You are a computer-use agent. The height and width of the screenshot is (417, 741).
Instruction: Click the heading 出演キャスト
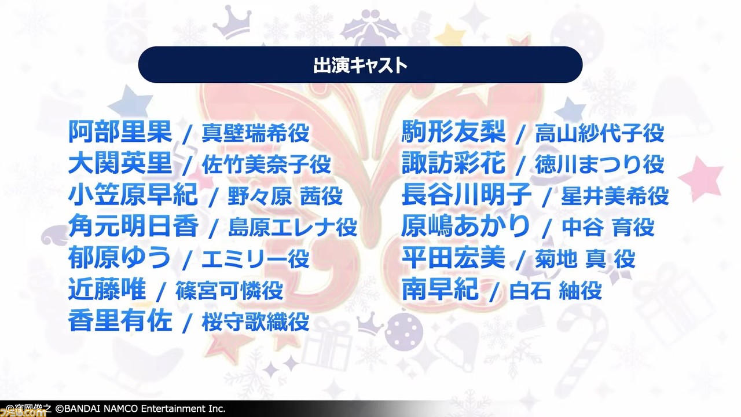(360, 65)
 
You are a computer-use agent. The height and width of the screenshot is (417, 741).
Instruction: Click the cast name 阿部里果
(120, 132)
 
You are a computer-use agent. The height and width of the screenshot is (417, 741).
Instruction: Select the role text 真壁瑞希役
(255, 133)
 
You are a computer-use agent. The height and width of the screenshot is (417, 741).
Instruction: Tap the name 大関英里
(120, 163)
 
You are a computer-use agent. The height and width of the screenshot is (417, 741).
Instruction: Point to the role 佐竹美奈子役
(266, 164)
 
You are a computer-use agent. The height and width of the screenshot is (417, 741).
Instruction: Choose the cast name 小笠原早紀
(133, 195)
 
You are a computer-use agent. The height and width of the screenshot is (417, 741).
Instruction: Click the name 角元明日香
(133, 226)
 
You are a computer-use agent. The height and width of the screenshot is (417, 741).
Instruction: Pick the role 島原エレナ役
(293, 228)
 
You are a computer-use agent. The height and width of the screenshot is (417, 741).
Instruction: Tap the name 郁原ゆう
(119, 258)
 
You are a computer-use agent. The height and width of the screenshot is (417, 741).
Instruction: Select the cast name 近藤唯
(107, 290)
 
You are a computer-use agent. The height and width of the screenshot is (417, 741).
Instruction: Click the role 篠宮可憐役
(229, 291)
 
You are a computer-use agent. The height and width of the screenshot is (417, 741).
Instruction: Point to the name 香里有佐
(120, 321)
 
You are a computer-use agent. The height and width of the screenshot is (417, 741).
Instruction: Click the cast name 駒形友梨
(453, 131)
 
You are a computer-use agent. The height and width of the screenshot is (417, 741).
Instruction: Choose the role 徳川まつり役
(600, 164)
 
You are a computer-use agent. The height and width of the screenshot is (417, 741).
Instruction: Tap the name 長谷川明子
(467, 195)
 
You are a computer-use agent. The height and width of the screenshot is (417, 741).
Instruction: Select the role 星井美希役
(615, 196)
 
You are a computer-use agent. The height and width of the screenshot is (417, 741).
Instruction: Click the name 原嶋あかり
(466, 226)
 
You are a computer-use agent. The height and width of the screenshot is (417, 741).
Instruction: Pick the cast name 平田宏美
(453, 258)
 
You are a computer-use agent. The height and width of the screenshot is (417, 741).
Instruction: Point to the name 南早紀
(441, 290)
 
